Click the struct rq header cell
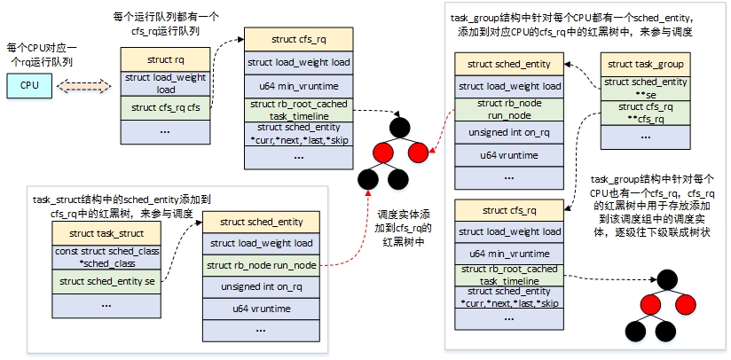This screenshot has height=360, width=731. click(165, 59)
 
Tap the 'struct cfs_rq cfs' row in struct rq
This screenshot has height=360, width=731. click(165, 108)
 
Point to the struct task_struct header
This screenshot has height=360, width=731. click(106, 233)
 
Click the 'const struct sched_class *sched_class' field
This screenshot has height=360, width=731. click(106, 256)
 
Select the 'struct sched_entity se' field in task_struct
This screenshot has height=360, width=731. click(106, 281)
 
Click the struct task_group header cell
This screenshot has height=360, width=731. click(645, 65)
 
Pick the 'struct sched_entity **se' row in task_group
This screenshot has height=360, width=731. click(645, 87)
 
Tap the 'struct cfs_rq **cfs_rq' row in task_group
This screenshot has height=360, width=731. click(645, 112)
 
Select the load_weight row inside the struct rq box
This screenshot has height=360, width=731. click(165, 83)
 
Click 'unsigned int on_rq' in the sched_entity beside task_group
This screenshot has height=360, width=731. click(509, 132)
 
